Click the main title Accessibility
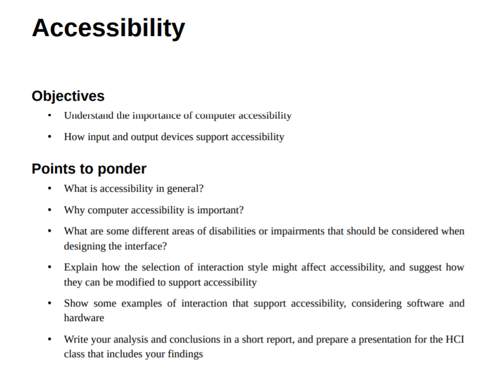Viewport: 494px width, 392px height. point(108,28)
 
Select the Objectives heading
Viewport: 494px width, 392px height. point(68,96)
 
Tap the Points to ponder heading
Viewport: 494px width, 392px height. point(89,169)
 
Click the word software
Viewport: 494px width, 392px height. point(424,304)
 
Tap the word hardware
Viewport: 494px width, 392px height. point(84,318)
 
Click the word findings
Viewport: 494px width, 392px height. point(185,354)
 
